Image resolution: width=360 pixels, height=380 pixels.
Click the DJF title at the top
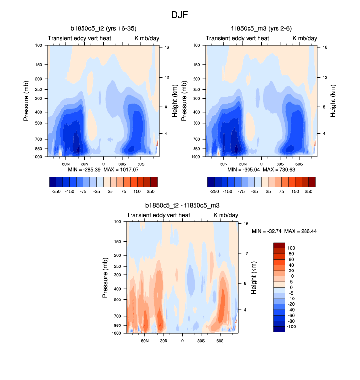[179, 15]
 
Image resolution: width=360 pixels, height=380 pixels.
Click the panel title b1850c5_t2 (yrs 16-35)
[103, 29]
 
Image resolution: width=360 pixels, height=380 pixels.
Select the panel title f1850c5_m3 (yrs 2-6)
[261, 29]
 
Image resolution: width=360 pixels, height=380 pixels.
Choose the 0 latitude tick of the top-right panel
[261, 163]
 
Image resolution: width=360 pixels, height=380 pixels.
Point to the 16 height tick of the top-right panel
[325, 47]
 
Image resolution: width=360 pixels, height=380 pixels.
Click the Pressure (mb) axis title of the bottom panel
[105, 278]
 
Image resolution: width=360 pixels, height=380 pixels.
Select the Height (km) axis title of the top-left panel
[175, 101]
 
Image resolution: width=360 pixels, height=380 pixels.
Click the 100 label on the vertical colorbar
[292, 248]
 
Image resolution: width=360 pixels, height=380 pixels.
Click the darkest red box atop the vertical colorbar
[279, 245]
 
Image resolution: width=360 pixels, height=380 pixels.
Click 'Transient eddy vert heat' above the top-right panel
[237, 38]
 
